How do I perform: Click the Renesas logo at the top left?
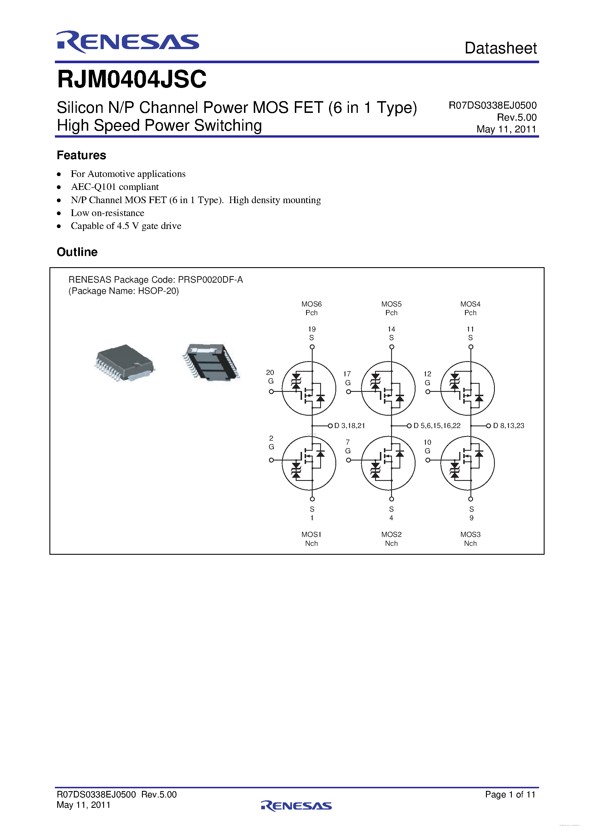point(127,42)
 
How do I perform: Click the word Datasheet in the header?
point(500,48)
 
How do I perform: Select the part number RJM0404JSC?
point(132,79)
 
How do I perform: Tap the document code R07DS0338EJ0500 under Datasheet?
point(492,105)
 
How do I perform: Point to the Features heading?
point(81,155)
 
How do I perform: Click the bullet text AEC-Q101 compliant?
point(115,187)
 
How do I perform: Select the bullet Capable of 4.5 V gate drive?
point(126,226)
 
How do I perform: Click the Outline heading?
point(77,252)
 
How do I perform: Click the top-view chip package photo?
point(124,362)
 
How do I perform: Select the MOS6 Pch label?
point(312,309)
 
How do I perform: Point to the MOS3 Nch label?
point(470,539)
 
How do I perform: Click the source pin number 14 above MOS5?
point(391,329)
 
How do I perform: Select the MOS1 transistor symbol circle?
point(309,463)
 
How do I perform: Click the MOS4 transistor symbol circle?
point(467,388)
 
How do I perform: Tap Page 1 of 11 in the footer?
point(510,794)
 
